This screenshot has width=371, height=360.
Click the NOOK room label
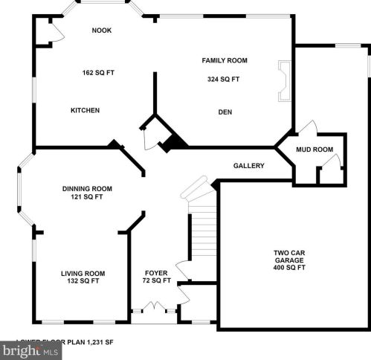pos(101,30)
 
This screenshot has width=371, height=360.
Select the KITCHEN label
pos(85,110)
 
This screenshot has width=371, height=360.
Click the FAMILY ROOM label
pos(225,60)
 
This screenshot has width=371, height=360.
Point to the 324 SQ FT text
pos(225,78)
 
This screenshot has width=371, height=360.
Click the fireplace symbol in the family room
pos(283,80)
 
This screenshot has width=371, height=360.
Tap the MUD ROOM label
pos(314,150)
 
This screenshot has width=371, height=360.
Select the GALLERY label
pos(248,166)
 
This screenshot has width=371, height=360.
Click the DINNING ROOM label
pos(87,188)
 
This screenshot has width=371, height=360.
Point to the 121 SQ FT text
pos(87,197)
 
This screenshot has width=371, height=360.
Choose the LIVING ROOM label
pos(83,273)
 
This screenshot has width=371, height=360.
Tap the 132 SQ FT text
pos(83,282)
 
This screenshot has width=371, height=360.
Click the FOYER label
pos(156,272)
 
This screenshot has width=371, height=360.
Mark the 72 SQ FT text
pos(156,281)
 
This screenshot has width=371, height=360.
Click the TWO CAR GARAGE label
pos(288,257)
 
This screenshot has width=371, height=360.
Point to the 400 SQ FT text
pos(288,268)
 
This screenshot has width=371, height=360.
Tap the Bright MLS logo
pos(31,350)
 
